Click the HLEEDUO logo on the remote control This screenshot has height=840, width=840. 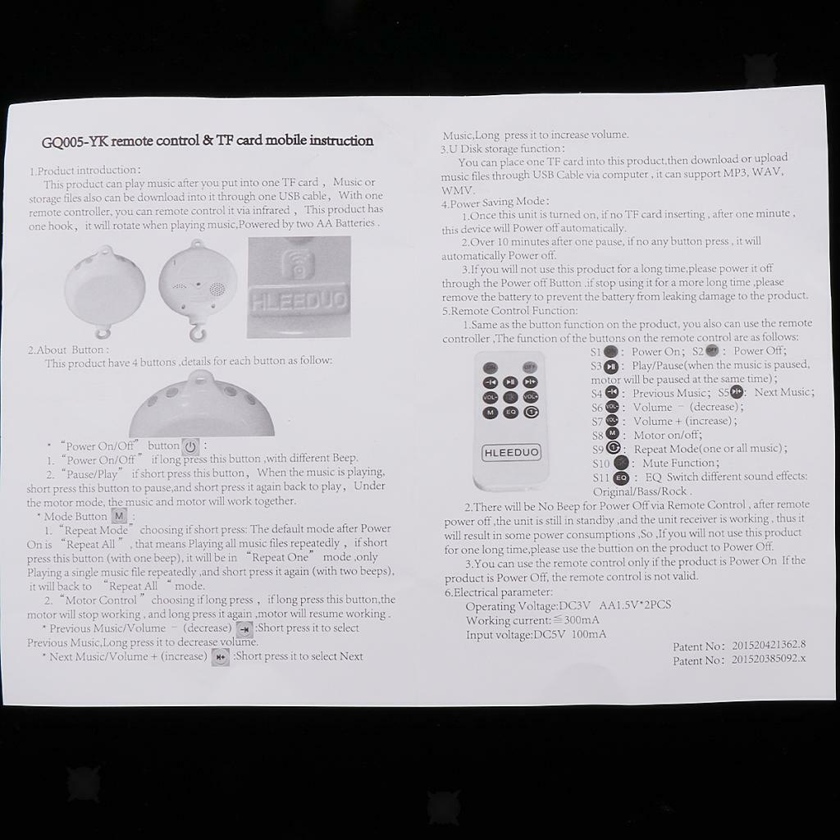pos(511,452)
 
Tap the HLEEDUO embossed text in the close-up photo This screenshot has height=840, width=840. pos(299,301)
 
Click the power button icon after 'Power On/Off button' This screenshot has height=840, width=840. pos(190,446)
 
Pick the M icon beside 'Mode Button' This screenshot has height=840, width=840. pos(119,516)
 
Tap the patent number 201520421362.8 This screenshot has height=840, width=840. pos(769,645)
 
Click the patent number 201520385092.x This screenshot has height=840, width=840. pos(769,659)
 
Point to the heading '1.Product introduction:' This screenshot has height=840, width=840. pos(84,171)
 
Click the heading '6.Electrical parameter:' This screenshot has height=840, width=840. pos(498,592)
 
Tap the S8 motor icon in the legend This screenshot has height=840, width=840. pos(612,434)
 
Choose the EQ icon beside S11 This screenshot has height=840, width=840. pos(621,477)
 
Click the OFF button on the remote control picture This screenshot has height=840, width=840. pos(530,367)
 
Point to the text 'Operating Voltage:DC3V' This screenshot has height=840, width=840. pos(527,606)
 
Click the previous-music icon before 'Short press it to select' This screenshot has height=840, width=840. pos(244,629)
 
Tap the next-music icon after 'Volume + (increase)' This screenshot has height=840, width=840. pos(220,657)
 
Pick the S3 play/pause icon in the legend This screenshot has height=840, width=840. pos(611,367)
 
